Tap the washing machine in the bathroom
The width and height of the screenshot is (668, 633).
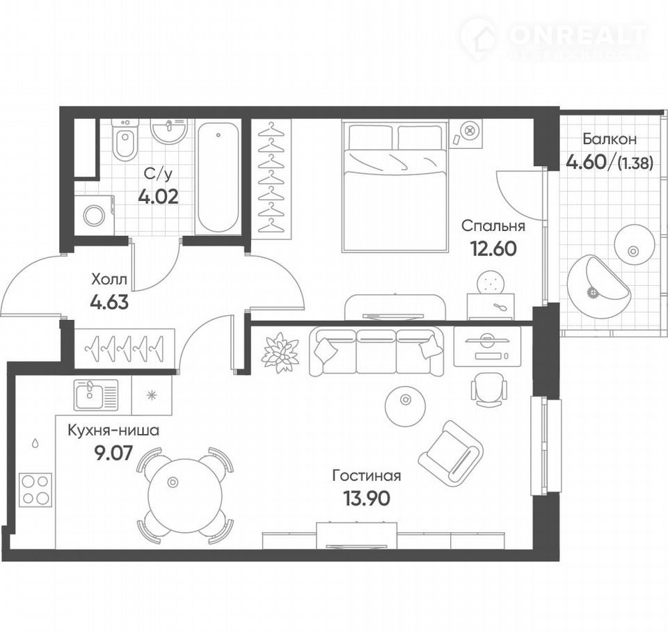tap(95, 215)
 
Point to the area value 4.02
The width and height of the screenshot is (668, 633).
tap(158, 196)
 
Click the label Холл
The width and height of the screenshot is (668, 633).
tap(109, 280)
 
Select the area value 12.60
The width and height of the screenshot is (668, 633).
tap(493, 248)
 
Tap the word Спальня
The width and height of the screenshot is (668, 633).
tap(493, 226)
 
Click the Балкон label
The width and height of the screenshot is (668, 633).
tap(610, 139)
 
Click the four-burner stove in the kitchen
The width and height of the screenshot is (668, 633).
tap(35, 489)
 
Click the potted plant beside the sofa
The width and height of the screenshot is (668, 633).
tap(280, 353)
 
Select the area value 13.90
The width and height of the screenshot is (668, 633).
tap(367, 498)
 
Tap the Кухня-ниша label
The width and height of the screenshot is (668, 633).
tap(113, 431)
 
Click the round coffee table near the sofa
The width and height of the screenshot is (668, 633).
tap(405, 406)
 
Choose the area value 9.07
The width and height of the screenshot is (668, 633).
tap(114, 453)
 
